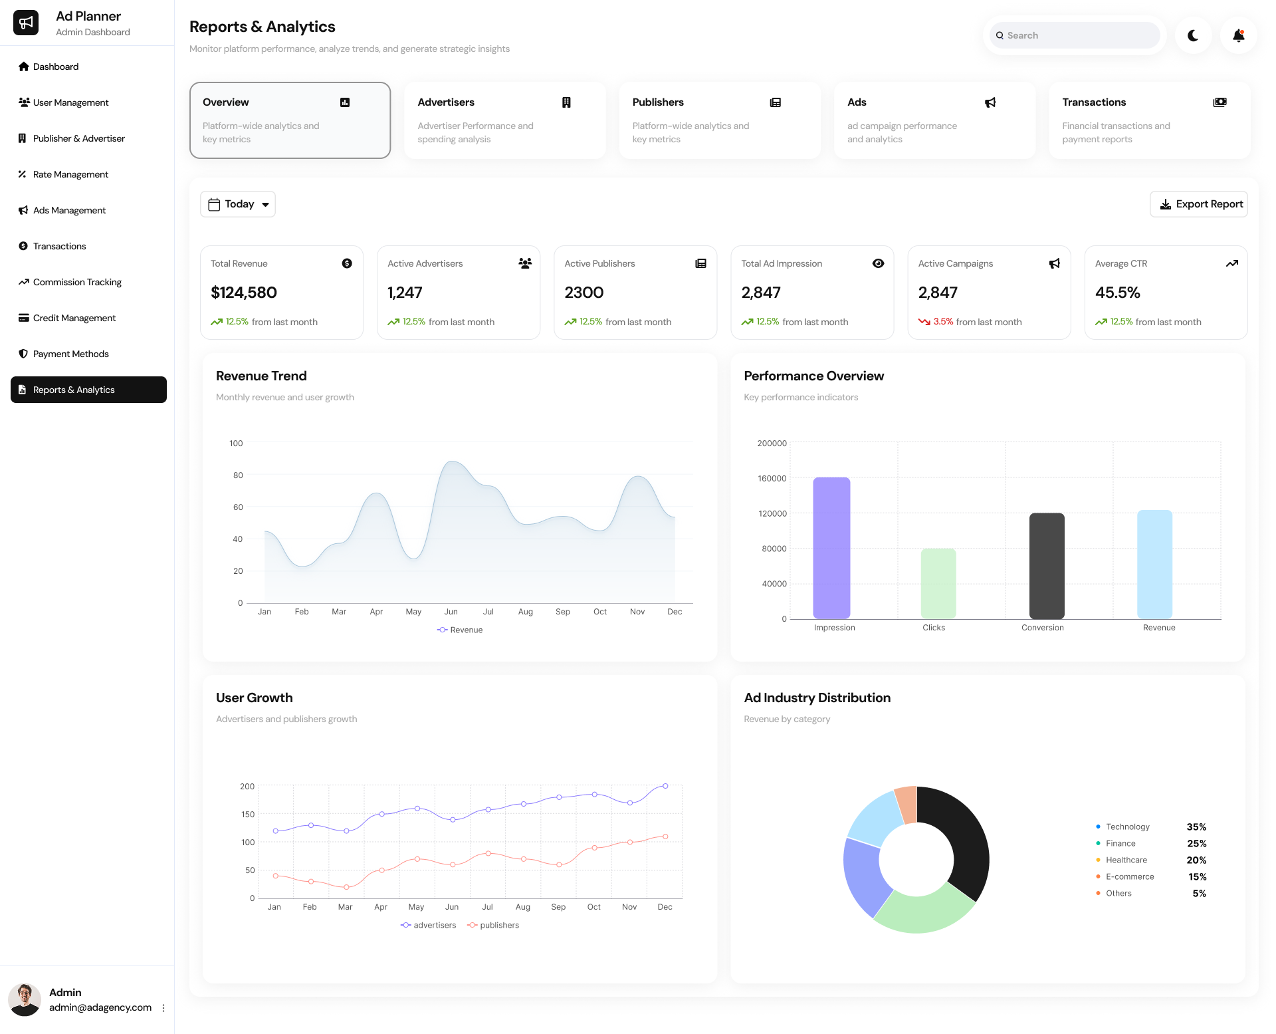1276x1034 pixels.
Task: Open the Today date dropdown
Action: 238,204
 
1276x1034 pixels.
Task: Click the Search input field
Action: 1077,35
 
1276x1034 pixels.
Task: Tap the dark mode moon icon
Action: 1193,35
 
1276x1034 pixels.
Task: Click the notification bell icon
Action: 1238,35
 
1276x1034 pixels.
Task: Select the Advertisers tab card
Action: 504,120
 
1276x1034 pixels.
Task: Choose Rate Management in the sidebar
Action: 70,174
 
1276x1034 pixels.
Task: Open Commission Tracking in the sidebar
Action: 77,282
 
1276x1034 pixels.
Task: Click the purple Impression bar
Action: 831,548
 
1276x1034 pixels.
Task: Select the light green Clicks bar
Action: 938,583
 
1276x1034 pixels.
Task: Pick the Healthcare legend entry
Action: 1126,860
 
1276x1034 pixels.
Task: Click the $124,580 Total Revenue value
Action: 244,293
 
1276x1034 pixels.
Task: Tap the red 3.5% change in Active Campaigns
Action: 943,322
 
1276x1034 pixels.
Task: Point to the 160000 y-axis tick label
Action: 772,478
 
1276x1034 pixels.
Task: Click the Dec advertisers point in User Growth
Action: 665,786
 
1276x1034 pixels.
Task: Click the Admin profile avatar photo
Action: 25,999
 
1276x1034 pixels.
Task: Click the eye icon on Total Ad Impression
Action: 878,263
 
